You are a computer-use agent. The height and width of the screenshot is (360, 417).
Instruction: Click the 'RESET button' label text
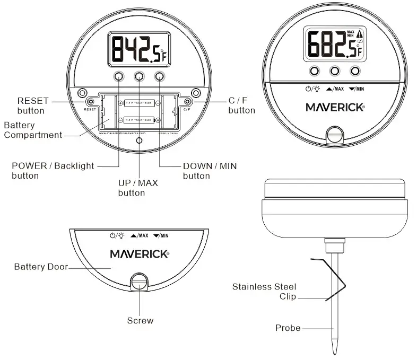coord(32,106)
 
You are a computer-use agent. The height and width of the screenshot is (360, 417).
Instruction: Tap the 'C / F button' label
coord(241,106)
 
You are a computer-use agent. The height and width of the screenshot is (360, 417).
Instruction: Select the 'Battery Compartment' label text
coord(33,130)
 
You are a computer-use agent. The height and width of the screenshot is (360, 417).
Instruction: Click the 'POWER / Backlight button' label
coord(53,170)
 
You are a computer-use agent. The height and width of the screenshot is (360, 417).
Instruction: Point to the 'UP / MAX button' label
coord(138,188)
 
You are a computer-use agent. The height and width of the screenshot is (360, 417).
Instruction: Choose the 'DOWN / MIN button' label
coord(210,170)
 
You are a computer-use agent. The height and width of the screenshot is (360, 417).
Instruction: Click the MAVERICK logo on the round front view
coord(335,107)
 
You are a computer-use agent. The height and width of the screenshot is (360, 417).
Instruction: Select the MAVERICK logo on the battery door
coord(140,253)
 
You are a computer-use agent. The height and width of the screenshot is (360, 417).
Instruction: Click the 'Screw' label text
coord(140,320)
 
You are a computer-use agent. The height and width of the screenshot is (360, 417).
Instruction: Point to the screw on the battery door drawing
coord(140,282)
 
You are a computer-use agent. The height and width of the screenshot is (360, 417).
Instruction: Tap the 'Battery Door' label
coord(41,267)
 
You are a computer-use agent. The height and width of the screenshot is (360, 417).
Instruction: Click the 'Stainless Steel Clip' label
coord(264,292)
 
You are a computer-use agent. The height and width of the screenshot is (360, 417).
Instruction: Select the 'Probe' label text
coord(288,328)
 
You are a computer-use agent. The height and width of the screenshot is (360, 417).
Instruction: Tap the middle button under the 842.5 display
coord(138,76)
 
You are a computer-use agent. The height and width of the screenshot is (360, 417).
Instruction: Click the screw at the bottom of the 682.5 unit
coord(334,134)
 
